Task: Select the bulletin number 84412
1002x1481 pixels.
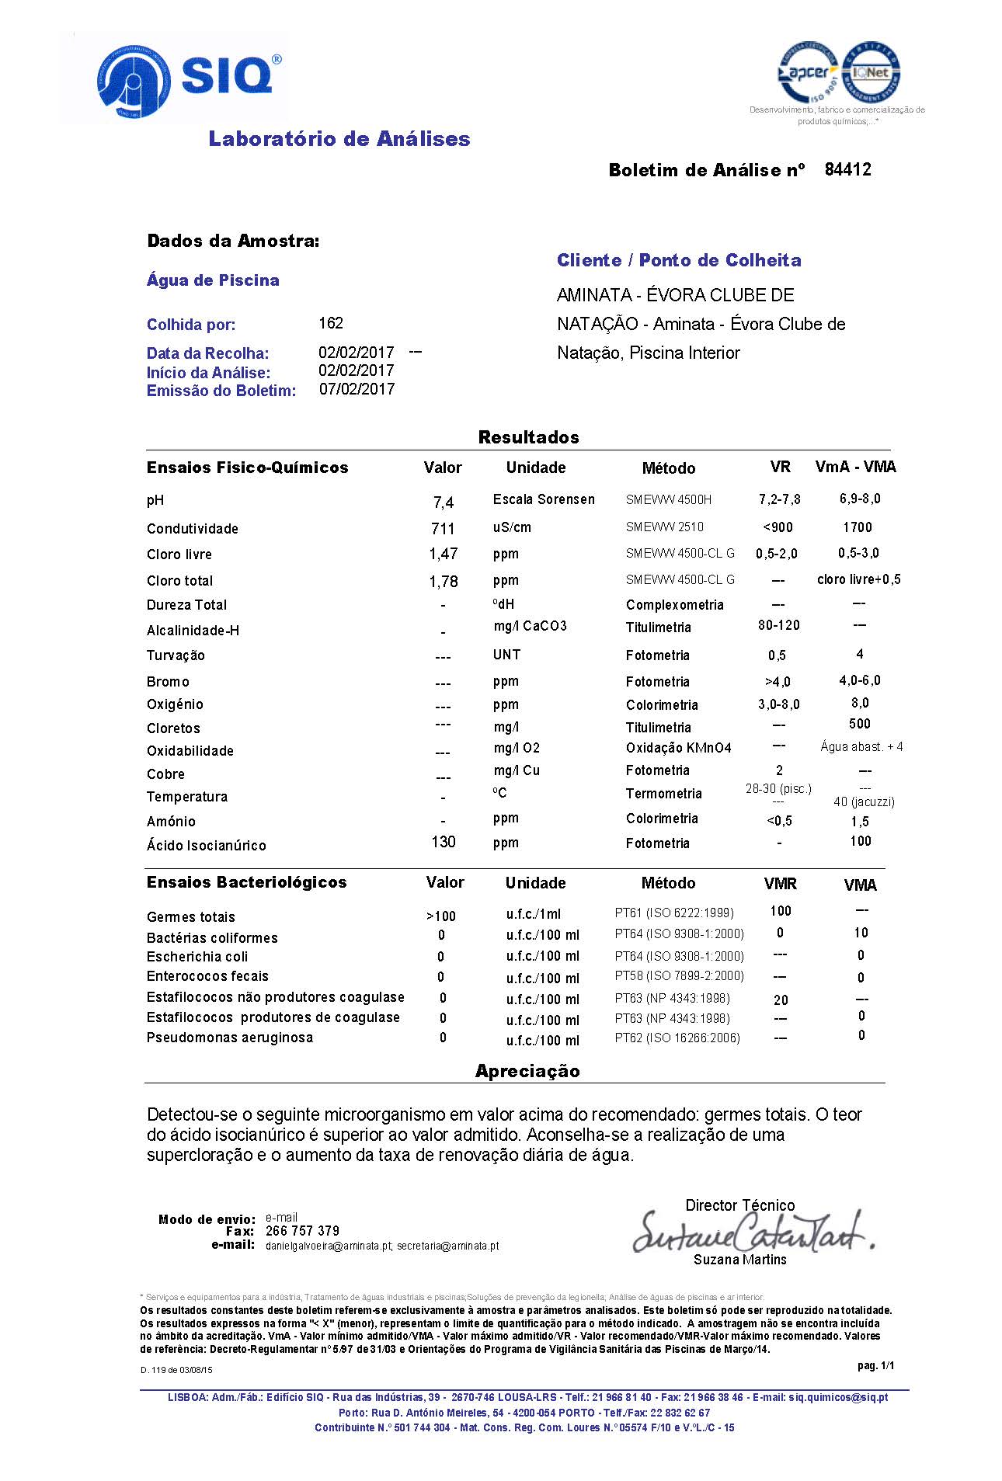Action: coord(847,169)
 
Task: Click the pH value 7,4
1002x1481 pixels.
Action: coord(443,502)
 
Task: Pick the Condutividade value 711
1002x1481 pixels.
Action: coord(443,529)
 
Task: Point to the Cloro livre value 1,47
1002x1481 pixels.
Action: coord(443,555)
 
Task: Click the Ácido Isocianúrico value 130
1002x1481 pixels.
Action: coord(443,842)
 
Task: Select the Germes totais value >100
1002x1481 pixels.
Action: coord(441,916)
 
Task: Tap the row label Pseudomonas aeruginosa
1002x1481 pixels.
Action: coord(230,1038)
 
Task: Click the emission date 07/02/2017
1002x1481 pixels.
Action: coord(357,389)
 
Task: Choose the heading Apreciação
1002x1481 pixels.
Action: coord(527,1071)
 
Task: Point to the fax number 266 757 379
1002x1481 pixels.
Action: coord(302,1231)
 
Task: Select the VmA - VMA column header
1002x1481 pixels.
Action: coord(855,467)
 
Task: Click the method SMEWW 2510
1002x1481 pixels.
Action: coord(665,527)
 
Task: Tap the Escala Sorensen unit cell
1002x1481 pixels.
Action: coord(544,499)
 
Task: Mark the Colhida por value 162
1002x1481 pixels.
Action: coord(331,323)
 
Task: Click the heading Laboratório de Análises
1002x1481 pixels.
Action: coord(339,139)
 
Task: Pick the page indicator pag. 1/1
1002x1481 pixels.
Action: coord(875,1365)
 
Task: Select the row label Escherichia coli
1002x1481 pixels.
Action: coord(197,957)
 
